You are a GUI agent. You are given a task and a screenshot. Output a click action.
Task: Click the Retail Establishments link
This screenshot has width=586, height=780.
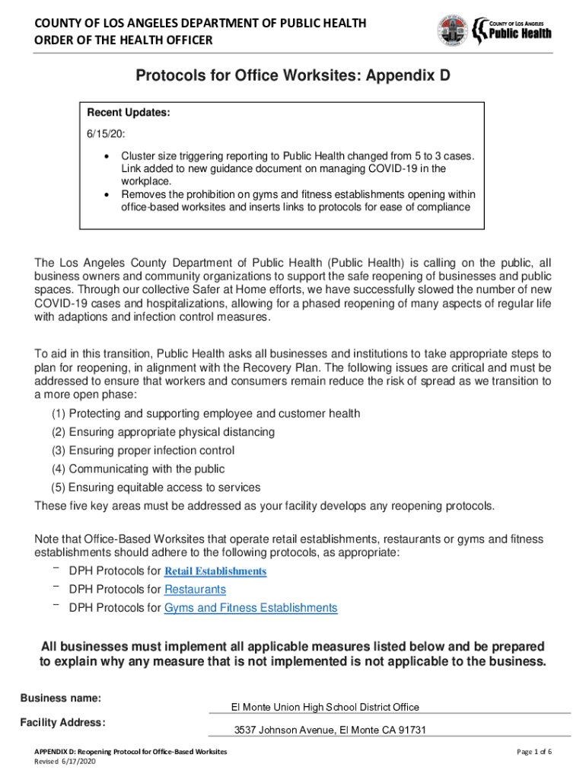pyautogui.click(x=215, y=571)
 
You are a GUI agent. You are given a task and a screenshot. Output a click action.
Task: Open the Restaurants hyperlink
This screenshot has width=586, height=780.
pyautogui.click(x=195, y=590)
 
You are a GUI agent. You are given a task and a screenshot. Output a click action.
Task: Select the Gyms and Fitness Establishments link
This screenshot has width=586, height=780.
pyautogui.click(x=250, y=608)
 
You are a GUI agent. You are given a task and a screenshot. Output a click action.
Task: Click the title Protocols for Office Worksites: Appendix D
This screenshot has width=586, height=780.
pyautogui.click(x=293, y=76)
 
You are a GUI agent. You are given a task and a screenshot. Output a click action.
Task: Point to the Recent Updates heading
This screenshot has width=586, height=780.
pyautogui.click(x=128, y=113)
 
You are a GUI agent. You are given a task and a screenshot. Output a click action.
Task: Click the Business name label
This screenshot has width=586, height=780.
pyautogui.click(x=61, y=698)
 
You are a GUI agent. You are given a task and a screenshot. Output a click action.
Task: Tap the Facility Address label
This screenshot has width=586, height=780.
pyautogui.click(x=62, y=722)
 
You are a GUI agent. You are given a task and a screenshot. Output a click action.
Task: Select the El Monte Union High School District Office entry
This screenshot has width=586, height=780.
pyautogui.click(x=325, y=708)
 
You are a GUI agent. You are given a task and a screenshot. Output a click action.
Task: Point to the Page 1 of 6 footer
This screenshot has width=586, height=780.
pyautogui.click(x=533, y=752)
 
